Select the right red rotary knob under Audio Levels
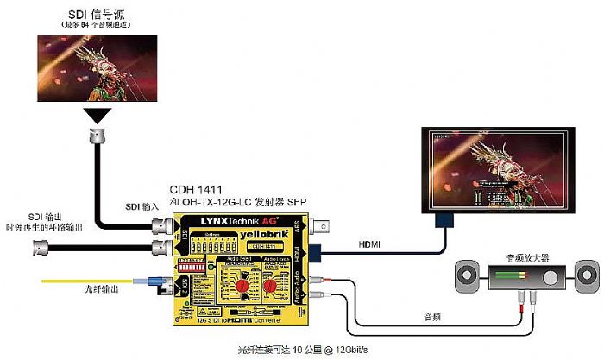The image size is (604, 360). (x=269, y=285)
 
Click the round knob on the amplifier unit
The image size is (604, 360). (x=550, y=278)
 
